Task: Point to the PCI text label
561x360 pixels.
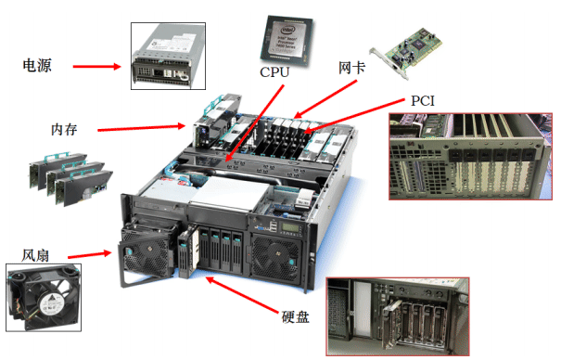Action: click(x=423, y=100)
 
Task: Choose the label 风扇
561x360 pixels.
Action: click(x=36, y=252)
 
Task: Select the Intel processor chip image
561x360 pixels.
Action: click(x=291, y=36)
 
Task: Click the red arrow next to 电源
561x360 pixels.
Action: click(x=96, y=67)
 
